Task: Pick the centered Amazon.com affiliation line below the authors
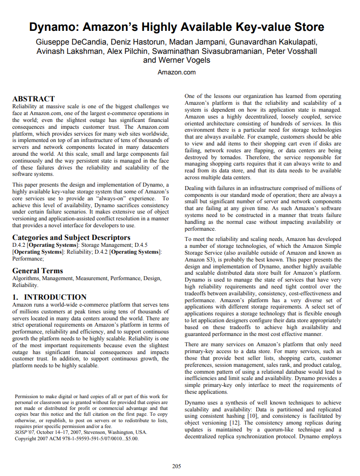176,72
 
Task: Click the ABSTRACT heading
33,98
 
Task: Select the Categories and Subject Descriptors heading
71,238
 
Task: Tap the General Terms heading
37,270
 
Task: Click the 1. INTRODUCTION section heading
49,297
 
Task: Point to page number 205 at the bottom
176,466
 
